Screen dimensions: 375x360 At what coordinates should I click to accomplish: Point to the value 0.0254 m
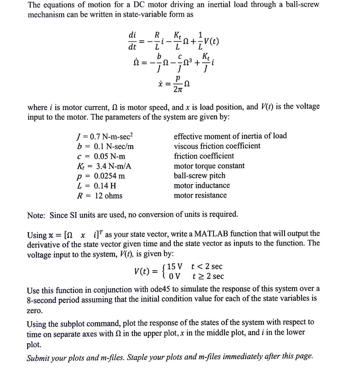click(x=110, y=176)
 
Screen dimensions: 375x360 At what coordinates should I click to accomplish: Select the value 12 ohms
click(x=108, y=196)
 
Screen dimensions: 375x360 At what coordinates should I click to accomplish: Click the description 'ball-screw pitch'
click(x=200, y=176)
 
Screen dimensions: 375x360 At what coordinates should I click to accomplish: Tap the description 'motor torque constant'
click(x=209, y=166)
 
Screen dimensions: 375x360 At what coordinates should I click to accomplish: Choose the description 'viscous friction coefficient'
click(x=217, y=146)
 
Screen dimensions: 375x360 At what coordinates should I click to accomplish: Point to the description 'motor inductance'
click(x=202, y=186)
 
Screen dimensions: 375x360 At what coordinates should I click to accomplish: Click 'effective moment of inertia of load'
click(x=230, y=136)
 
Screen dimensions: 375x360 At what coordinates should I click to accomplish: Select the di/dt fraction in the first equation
click(x=132, y=41)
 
